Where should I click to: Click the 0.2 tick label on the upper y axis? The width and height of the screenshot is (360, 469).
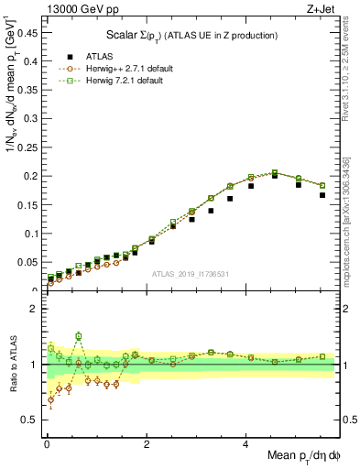[32, 175]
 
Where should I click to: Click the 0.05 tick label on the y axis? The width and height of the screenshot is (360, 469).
[29, 262]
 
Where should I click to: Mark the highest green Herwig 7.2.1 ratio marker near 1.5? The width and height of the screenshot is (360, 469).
[79, 336]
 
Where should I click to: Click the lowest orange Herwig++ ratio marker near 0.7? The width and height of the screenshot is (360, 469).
[49, 399]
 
